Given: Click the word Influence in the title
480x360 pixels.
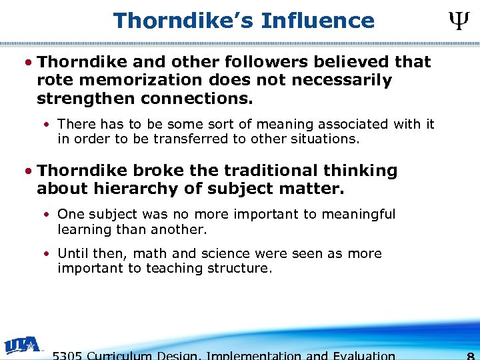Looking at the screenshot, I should (x=318, y=21).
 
